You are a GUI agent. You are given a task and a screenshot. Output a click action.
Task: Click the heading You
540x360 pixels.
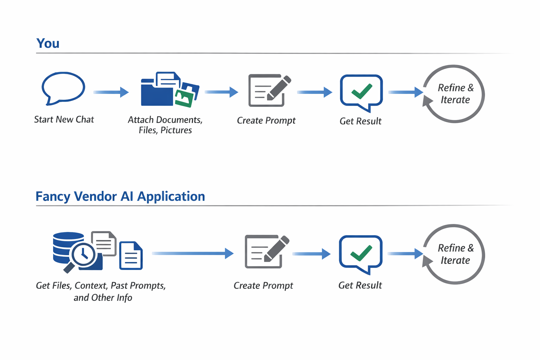click(x=48, y=43)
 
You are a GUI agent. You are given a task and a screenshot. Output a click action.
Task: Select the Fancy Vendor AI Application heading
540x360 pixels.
click(x=120, y=196)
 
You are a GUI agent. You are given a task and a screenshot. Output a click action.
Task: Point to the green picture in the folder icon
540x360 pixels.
click(x=184, y=98)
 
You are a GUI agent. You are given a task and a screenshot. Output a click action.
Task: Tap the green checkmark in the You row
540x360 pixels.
click(x=362, y=91)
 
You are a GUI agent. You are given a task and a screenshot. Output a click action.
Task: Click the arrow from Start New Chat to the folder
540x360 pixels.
click(x=111, y=92)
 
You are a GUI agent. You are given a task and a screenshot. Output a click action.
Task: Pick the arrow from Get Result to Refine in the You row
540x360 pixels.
click(x=405, y=92)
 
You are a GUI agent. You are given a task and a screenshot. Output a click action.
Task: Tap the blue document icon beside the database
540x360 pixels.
click(x=131, y=256)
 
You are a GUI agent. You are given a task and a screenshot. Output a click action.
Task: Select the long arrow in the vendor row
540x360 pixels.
click(x=193, y=253)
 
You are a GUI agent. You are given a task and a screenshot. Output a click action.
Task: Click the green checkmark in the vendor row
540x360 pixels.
click(x=361, y=253)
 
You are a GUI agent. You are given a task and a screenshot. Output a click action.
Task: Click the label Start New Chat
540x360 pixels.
click(x=64, y=120)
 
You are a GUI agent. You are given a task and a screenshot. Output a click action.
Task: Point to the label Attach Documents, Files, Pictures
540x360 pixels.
click(x=165, y=125)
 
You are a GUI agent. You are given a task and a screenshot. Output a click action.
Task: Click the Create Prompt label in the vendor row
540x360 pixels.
click(x=263, y=285)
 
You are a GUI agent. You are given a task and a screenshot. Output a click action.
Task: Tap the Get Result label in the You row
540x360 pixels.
click(x=360, y=121)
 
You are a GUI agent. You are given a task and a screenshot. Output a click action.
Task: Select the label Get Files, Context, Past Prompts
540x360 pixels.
click(x=101, y=285)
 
